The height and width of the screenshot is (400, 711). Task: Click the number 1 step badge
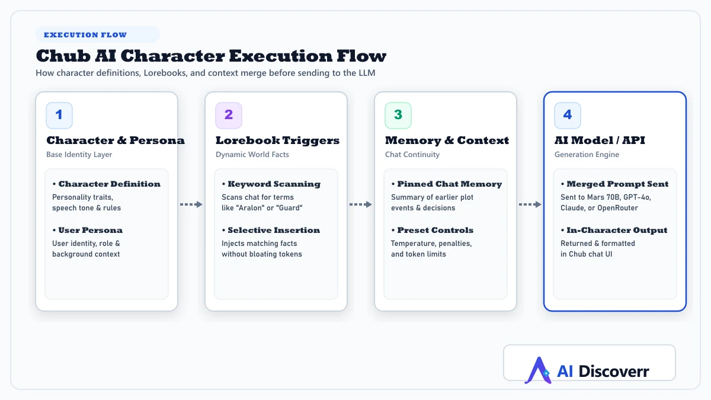coord(59,115)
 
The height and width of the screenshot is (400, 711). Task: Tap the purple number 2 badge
coord(229,115)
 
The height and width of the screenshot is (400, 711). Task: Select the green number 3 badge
coord(398,115)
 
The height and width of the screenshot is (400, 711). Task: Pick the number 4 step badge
coord(568,115)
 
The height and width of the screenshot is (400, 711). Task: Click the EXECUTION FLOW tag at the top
coord(97,34)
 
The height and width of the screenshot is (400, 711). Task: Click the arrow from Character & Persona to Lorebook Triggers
coord(191,204)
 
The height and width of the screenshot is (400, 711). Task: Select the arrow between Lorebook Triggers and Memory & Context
coord(361,204)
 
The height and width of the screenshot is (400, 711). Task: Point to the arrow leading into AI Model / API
coord(530,204)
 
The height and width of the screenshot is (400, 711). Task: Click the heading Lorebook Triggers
coord(277,140)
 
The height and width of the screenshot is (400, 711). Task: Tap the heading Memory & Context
coord(447,140)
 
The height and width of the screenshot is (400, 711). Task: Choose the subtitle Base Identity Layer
coord(79,155)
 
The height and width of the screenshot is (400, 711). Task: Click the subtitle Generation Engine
coord(587,155)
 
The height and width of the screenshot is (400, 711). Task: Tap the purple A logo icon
coord(539,370)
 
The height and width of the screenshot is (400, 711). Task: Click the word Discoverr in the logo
coord(614,371)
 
